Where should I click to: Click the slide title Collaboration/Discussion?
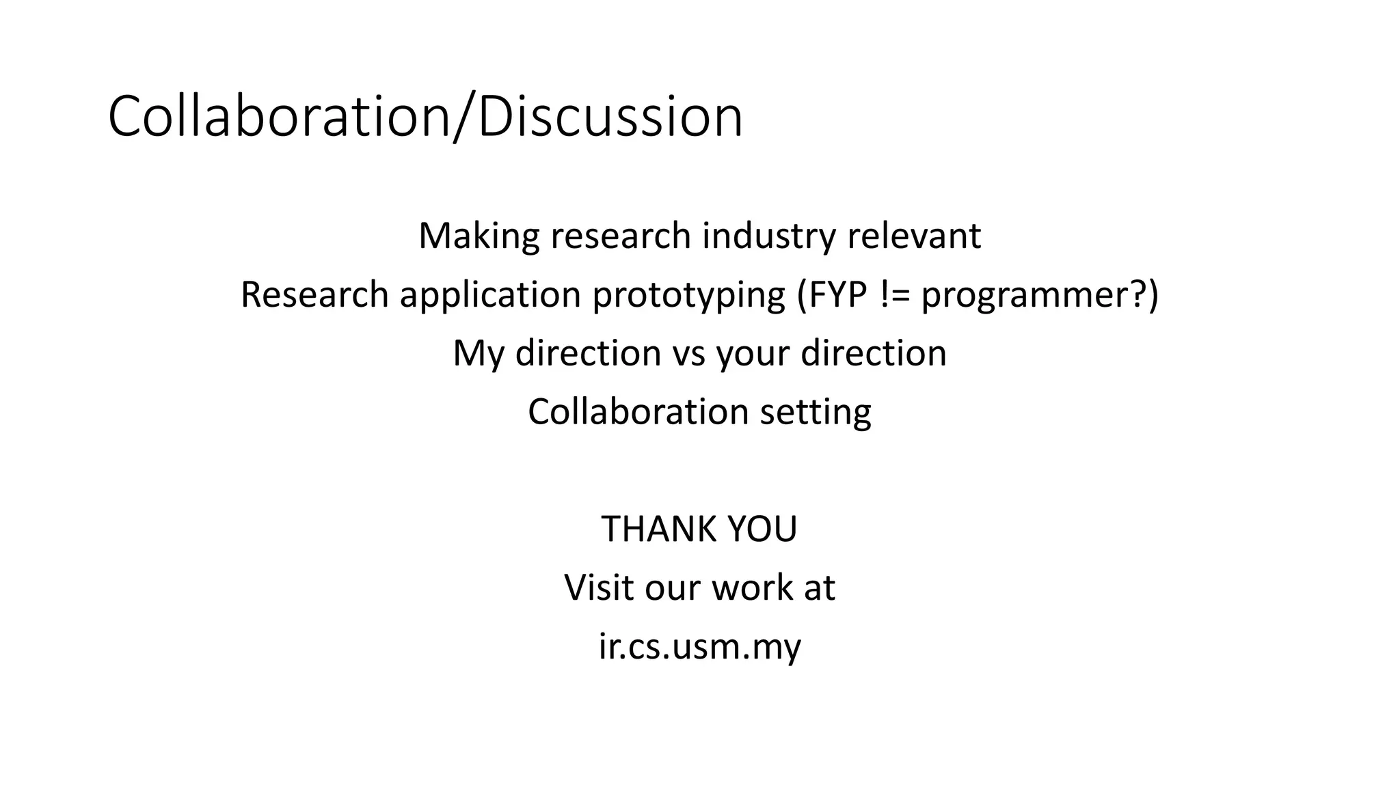425,117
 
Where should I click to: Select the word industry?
768,236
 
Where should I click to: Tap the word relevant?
914,236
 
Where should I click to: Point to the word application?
489,295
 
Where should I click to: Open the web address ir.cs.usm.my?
699,646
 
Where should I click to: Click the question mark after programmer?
1135,295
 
